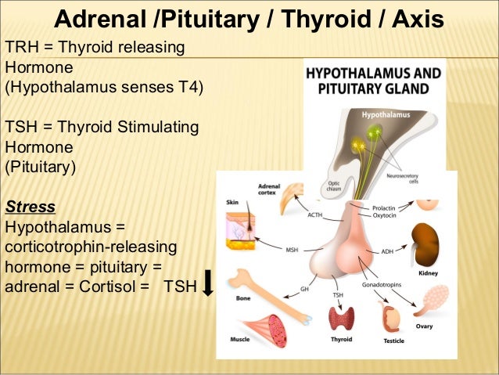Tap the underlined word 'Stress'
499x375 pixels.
click(x=31, y=207)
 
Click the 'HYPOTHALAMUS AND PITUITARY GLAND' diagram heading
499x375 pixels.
click(x=372, y=80)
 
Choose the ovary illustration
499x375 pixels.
click(x=431, y=301)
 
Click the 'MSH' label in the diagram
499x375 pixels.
click(x=291, y=251)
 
